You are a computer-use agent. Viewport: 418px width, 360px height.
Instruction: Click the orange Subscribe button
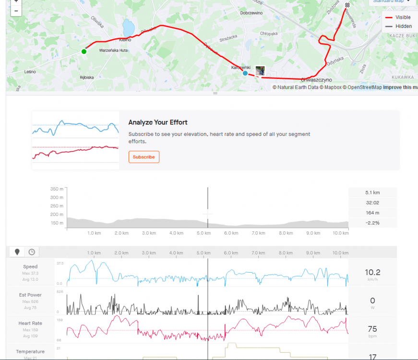click(143, 157)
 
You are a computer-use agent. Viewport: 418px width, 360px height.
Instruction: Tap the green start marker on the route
click(84, 51)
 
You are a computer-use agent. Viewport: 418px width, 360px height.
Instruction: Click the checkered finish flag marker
click(347, 5)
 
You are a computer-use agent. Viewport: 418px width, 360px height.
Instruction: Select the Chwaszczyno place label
click(316, 80)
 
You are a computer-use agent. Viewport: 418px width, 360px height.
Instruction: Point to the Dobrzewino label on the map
click(251, 13)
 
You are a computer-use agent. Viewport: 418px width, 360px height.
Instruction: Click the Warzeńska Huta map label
click(113, 50)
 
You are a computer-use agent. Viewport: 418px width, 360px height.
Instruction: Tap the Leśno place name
click(30, 72)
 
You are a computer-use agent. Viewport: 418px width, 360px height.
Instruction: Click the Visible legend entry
click(403, 17)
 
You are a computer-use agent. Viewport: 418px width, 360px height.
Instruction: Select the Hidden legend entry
click(403, 26)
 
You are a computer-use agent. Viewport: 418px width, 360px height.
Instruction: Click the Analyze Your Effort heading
click(158, 122)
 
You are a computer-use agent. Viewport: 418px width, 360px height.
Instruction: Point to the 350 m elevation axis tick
click(57, 189)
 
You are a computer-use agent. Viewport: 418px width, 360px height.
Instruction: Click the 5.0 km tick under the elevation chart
click(204, 233)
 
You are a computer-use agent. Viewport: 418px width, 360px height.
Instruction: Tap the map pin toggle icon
click(18, 252)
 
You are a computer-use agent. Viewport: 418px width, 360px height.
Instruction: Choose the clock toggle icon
click(32, 252)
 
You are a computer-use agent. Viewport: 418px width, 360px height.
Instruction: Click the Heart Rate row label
click(30, 323)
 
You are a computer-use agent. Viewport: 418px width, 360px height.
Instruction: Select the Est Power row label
click(30, 295)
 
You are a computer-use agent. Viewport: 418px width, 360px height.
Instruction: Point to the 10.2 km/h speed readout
click(372, 273)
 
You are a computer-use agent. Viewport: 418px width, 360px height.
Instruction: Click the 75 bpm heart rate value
click(372, 329)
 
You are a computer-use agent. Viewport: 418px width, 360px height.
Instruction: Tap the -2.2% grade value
click(372, 223)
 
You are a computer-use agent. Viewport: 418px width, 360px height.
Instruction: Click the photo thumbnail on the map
click(260, 71)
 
